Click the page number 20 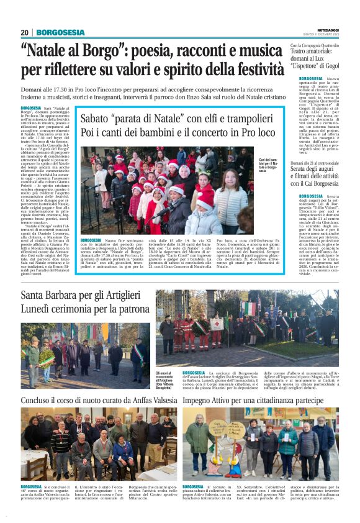[x=24, y=32]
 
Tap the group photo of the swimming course [x=99, y=444]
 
